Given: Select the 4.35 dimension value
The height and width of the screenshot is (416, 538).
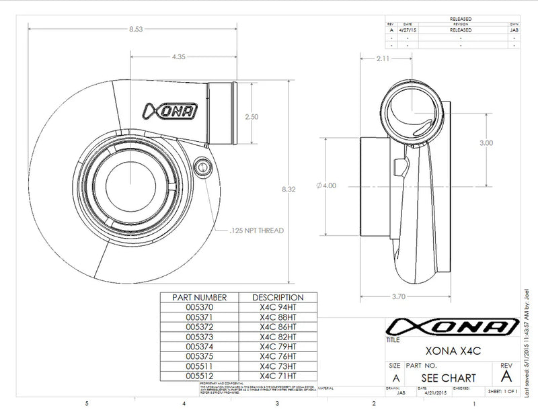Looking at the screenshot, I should (179, 57).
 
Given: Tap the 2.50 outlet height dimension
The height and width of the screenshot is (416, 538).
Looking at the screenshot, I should (252, 116).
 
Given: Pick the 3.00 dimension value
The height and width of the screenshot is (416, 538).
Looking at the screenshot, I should (486, 143).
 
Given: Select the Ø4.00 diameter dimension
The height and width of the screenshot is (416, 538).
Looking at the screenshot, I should (325, 186).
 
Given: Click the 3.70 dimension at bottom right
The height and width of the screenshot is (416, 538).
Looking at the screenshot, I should (399, 295).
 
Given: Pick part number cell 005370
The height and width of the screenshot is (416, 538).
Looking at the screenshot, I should (200, 306).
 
